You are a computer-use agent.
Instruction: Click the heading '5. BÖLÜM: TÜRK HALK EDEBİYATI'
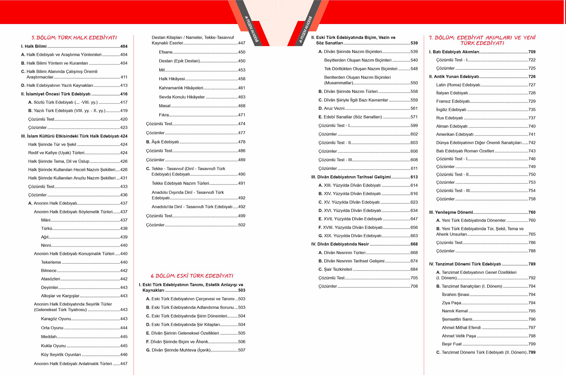point(74,38)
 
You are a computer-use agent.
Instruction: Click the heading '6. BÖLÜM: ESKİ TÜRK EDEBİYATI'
point(192,276)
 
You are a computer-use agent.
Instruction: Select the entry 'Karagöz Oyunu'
point(56,319)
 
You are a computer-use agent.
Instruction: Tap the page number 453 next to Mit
point(242,70)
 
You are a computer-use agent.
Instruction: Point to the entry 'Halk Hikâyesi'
point(172,79)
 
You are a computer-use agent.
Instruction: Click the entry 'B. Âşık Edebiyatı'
point(162,142)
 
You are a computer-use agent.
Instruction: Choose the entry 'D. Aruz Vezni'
point(331,109)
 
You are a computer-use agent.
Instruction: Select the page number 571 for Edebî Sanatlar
point(414,117)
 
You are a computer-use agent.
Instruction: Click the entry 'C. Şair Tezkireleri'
point(335,269)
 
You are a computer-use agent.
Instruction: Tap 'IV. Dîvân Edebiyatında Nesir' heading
point(340,244)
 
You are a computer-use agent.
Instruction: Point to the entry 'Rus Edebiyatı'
point(449,118)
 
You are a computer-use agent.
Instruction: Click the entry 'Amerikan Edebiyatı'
point(455,135)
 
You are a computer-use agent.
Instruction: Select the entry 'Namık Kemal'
point(455,311)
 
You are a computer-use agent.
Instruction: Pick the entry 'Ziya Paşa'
point(451,303)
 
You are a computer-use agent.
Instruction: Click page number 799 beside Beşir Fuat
point(532,344)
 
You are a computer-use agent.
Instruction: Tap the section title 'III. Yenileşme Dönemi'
point(451,212)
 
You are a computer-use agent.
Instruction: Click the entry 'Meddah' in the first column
point(49,337)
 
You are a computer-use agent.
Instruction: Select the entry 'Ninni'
point(46,245)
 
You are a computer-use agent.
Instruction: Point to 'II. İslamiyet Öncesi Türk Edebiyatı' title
point(56,94)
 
